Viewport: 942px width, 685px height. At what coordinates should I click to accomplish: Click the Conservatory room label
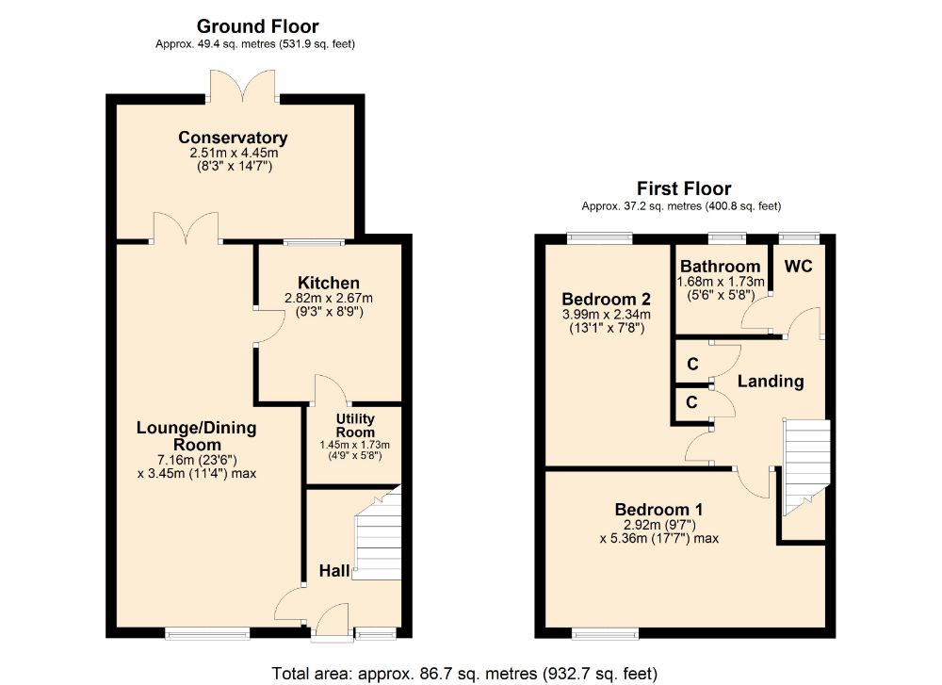[x=233, y=139]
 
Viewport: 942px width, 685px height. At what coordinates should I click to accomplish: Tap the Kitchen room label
[x=328, y=283]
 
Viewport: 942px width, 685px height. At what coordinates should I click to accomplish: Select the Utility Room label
[x=354, y=425]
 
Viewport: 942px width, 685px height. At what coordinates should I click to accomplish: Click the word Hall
[x=334, y=570]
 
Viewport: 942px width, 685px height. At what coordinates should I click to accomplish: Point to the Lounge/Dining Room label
[x=196, y=436]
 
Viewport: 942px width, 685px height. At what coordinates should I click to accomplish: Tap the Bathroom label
[x=720, y=266]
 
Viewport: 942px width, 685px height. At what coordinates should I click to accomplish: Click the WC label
[x=798, y=266]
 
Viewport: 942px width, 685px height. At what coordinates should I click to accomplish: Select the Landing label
[x=770, y=382]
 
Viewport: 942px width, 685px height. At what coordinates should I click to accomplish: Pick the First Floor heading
[x=683, y=188]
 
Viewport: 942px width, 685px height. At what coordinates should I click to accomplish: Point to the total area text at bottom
[x=464, y=673]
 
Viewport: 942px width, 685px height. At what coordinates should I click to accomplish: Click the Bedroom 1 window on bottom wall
[x=605, y=632]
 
